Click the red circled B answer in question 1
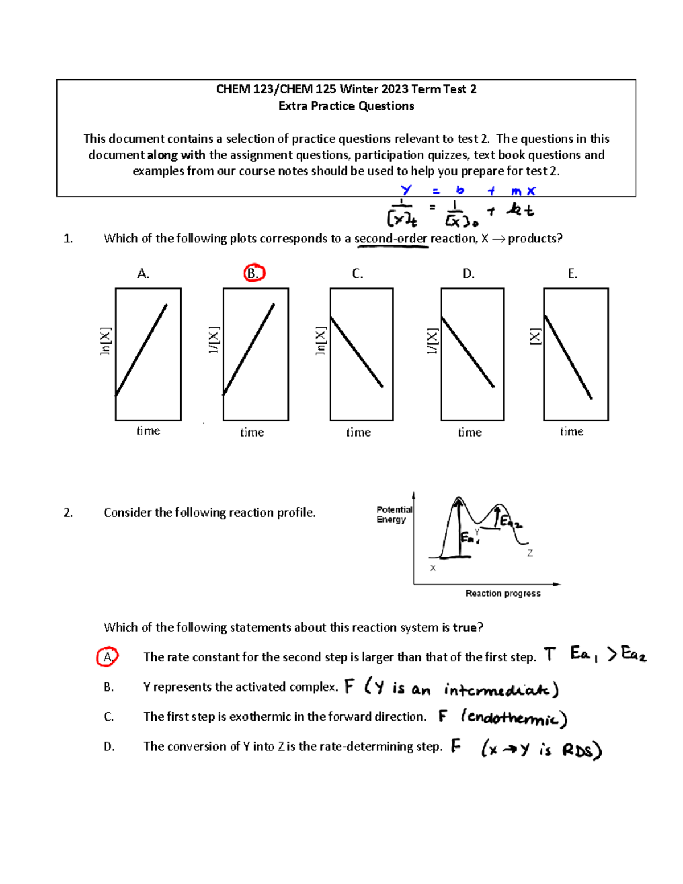click(254, 273)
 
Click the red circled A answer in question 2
click(108, 657)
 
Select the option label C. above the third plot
click(357, 274)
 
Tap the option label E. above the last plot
click(572, 274)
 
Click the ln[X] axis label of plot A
click(105, 342)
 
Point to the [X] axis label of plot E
click(535, 336)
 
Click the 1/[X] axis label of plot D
click(433, 341)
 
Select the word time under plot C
click(358, 433)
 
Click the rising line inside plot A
click(141, 350)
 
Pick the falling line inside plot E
click(568, 357)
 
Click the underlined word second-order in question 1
click(390, 239)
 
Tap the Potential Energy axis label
click(394, 514)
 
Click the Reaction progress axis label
click(503, 593)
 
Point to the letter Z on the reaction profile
click(530, 553)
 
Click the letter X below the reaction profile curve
click(433, 568)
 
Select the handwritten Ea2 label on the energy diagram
click(511, 521)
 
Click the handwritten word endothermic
click(515, 718)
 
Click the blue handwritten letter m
click(516, 192)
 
